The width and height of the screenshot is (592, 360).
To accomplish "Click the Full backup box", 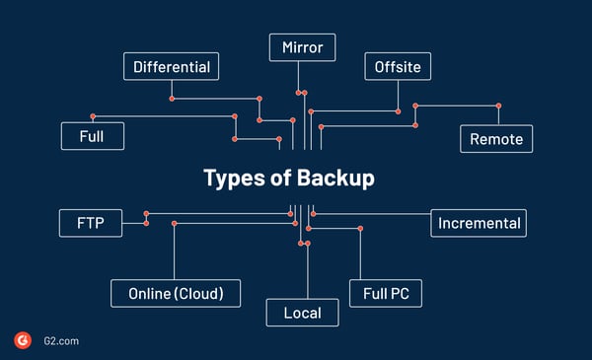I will click(92, 136).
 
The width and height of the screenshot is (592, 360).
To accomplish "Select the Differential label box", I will click(171, 67).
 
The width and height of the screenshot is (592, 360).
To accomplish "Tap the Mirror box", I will click(303, 46).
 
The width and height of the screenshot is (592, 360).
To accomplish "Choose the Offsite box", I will click(398, 67).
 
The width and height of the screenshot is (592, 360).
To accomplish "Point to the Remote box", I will click(496, 139).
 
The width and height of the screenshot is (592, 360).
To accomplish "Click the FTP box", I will click(91, 223).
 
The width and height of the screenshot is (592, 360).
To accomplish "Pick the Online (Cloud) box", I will click(177, 293).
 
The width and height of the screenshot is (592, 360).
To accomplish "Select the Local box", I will click(303, 313).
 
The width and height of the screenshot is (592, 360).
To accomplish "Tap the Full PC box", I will click(386, 293).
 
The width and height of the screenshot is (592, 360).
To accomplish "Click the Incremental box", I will click(479, 223).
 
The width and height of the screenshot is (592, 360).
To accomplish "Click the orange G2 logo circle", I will click(23, 340).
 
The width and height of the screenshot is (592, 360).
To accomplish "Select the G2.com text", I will click(60, 341).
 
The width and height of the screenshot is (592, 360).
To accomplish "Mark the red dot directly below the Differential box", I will click(172, 98).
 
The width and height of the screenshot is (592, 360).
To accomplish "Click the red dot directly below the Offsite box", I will click(398, 110).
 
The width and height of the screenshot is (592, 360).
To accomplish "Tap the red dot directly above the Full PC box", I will click(360, 229).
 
